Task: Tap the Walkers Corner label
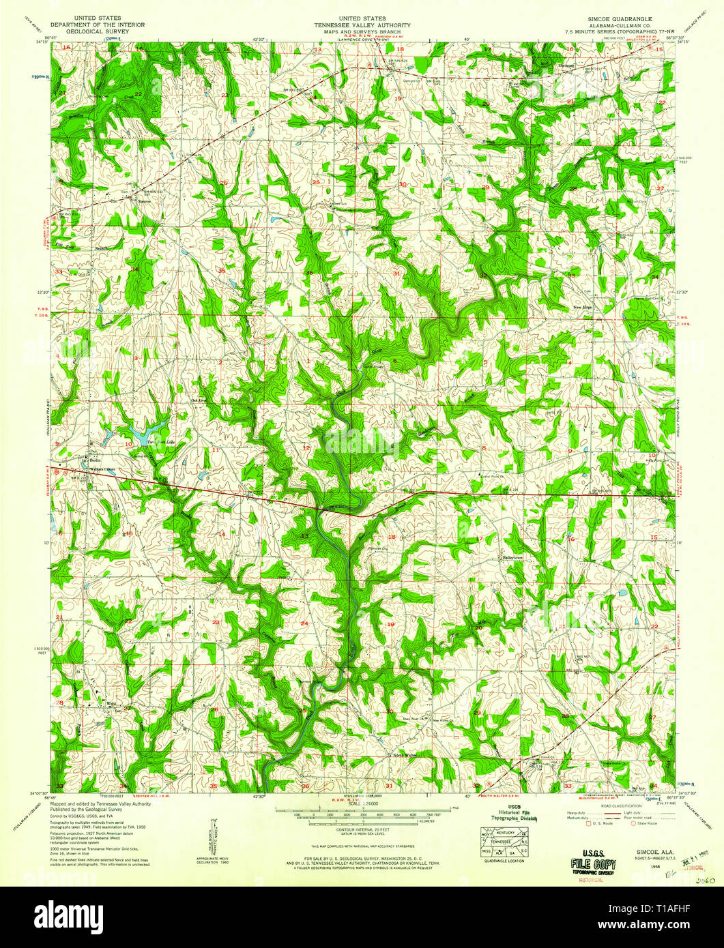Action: click(100, 470)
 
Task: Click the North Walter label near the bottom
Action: click(403, 755)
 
